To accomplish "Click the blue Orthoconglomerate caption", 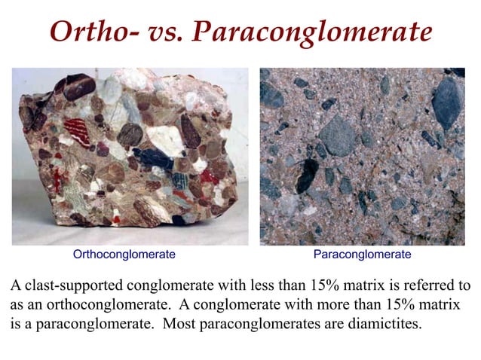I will tap(124, 255).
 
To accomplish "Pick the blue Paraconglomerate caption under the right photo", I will tap(362, 255).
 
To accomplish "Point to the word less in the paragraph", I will tap(275, 286).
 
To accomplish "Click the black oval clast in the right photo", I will tap(306, 174).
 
